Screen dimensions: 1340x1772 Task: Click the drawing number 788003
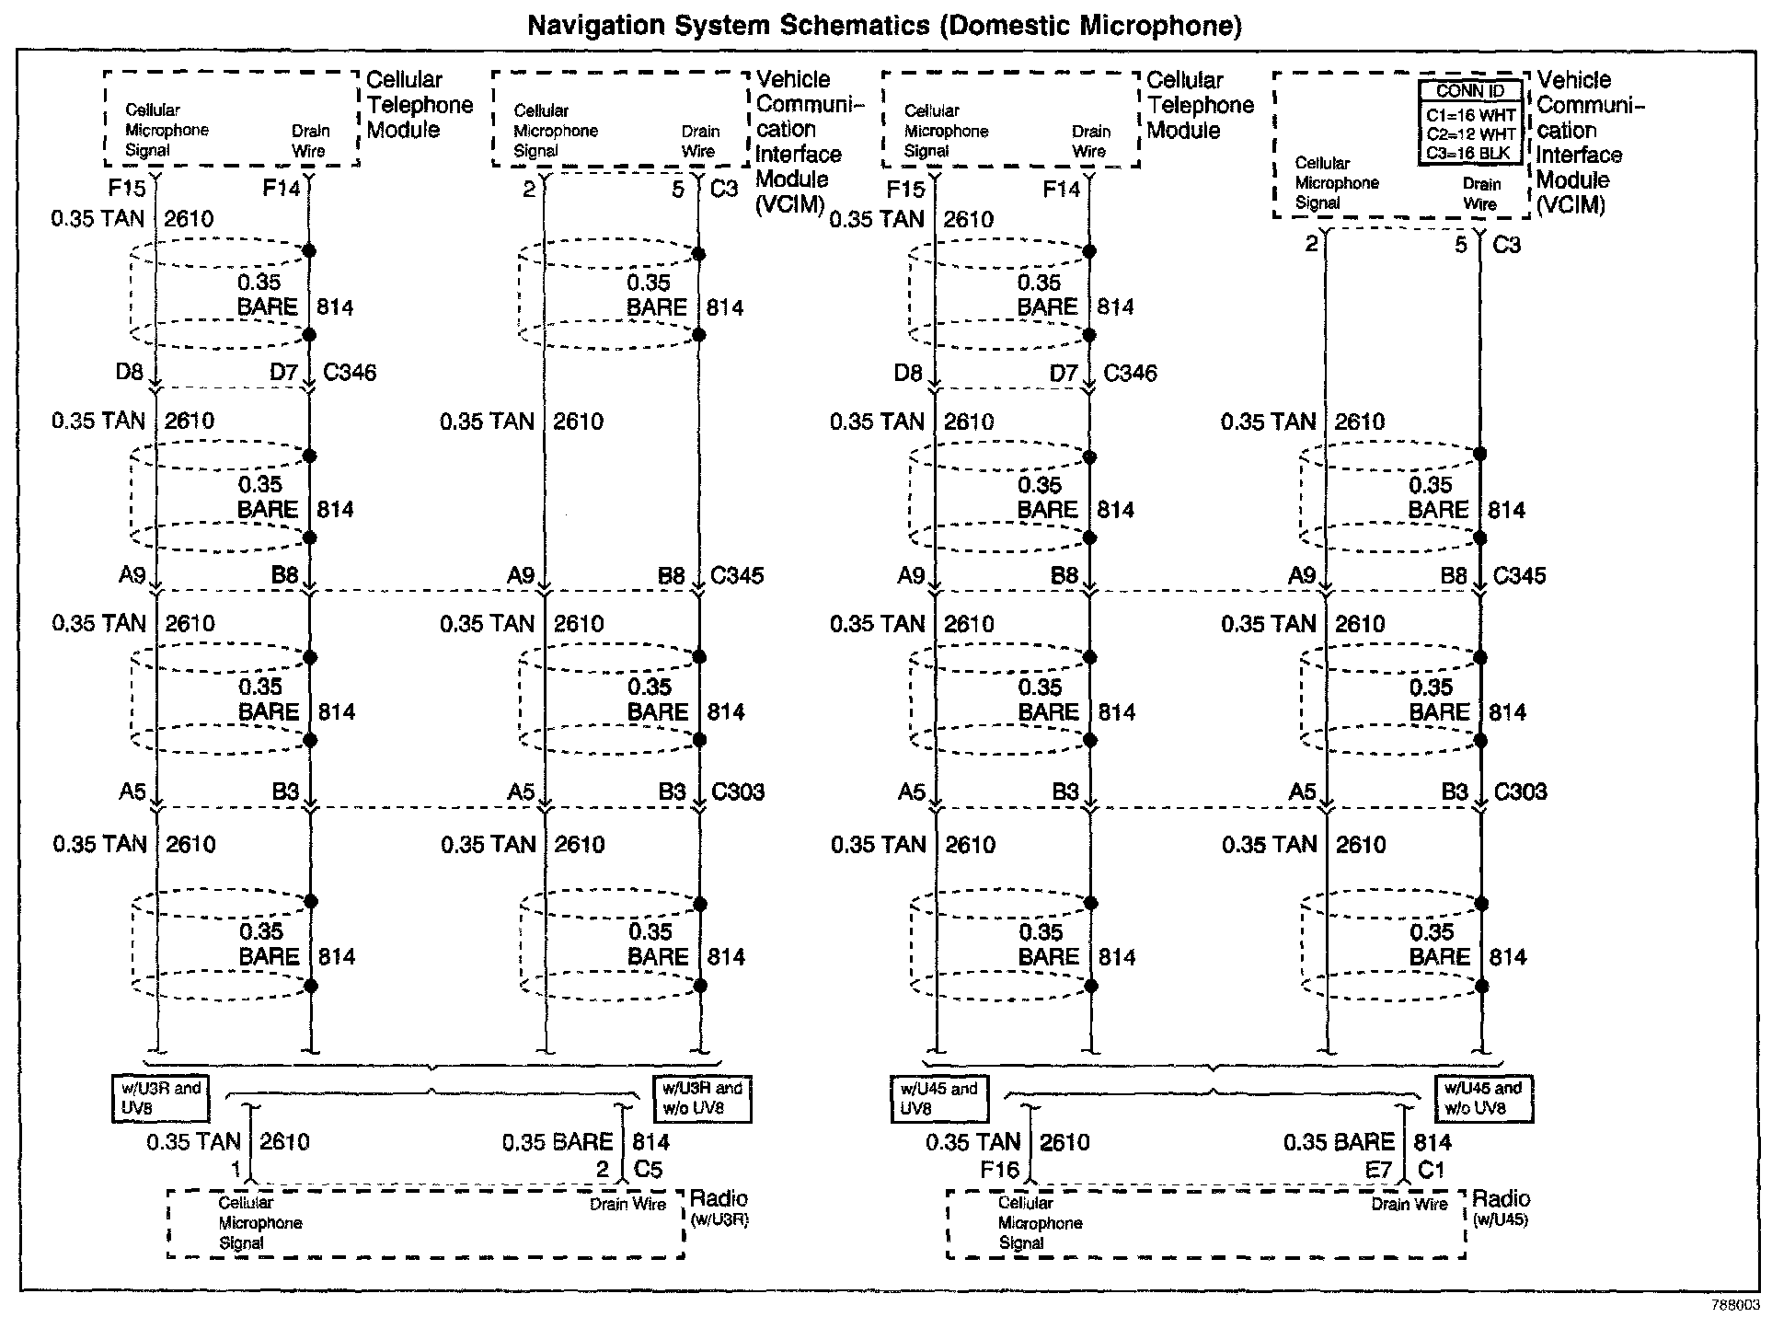pos(1735,1305)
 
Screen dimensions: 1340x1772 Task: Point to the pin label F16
pos(999,1170)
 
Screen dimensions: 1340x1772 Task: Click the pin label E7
pos(1378,1170)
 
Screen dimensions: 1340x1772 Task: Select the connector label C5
pos(649,1170)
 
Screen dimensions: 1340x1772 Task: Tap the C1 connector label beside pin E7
pos(1432,1170)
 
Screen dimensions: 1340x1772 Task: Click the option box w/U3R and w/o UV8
pos(701,1098)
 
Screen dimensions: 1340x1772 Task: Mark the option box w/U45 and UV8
pos(938,1098)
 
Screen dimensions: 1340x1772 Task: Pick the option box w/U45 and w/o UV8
pos(1483,1098)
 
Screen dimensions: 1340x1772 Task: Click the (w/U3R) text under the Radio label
pos(719,1221)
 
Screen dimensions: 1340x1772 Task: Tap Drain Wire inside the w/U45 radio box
pos(1409,1204)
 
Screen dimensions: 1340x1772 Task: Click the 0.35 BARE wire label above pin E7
pos(1339,1143)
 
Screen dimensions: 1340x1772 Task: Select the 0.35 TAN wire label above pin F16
pos(973,1143)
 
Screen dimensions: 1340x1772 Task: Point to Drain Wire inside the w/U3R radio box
pos(627,1204)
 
